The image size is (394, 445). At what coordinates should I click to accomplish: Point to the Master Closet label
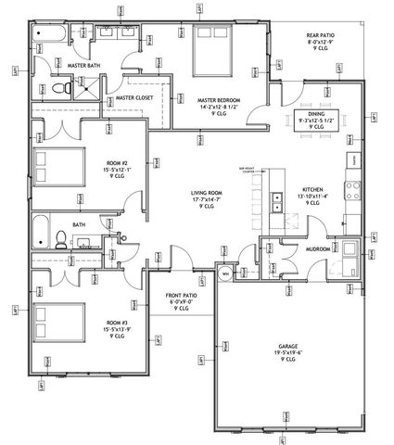tap(133, 95)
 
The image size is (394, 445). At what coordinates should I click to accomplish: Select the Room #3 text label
tap(122, 324)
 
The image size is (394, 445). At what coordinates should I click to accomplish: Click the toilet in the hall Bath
tap(57, 239)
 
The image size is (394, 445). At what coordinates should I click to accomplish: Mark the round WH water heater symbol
tap(224, 274)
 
